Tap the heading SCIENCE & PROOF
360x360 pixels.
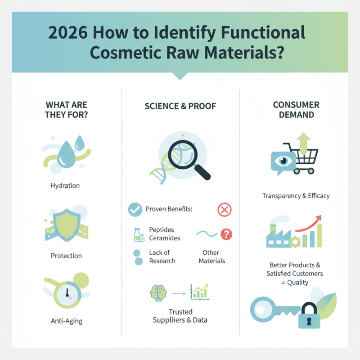click(x=180, y=106)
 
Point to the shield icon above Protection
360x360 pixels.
click(x=67, y=223)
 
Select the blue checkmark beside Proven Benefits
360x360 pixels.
click(x=135, y=209)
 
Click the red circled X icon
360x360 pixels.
click(x=224, y=209)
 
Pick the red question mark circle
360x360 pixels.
click(x=227, y=234)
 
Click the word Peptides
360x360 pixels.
click(x=162, y=229)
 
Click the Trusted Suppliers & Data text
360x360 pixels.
click(x=180, y=316)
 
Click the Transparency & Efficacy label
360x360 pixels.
click(x=296, y=196)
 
